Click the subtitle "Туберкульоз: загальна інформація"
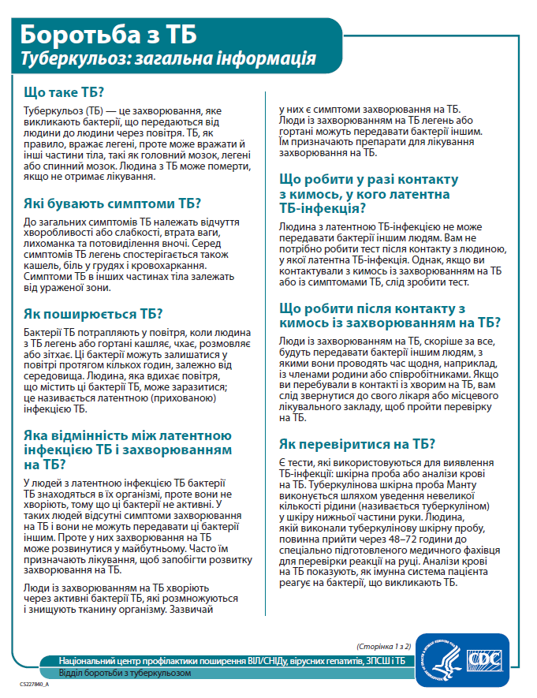(x=168, y=58)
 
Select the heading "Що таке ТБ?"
(x=65, y=91)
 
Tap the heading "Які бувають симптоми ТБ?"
(x=113, y=202)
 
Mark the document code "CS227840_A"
(x=35, y=685)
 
